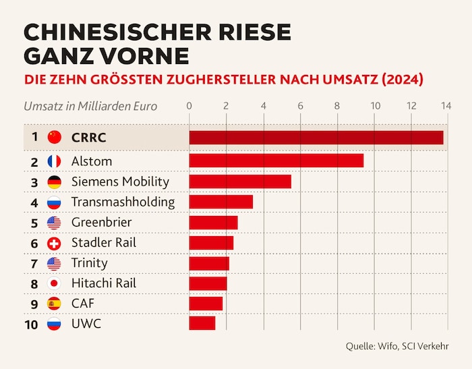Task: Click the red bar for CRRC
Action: (x=316, y=138)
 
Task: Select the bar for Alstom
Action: (x=276, y=161)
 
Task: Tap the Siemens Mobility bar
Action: (x=239, y=181)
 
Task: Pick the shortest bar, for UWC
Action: (x=202, y=323)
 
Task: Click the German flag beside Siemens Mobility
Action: (x=55, y=181)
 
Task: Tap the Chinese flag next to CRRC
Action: (x=55, y=138)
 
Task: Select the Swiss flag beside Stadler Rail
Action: (x=55, y=242)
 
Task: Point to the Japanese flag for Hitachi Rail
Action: (x=55, y=283)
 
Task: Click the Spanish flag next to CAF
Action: (x=55, y=303)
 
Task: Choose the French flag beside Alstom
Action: (x=55, y=161)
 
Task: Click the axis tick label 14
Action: (x=446, y=106)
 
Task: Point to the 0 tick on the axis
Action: (x=189, y=106)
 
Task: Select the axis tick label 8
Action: (x=338, y=106)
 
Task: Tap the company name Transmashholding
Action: (x=123, y=202)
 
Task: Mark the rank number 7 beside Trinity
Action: (x=34, y=262)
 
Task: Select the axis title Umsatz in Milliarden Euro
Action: (x=90, y=106)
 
